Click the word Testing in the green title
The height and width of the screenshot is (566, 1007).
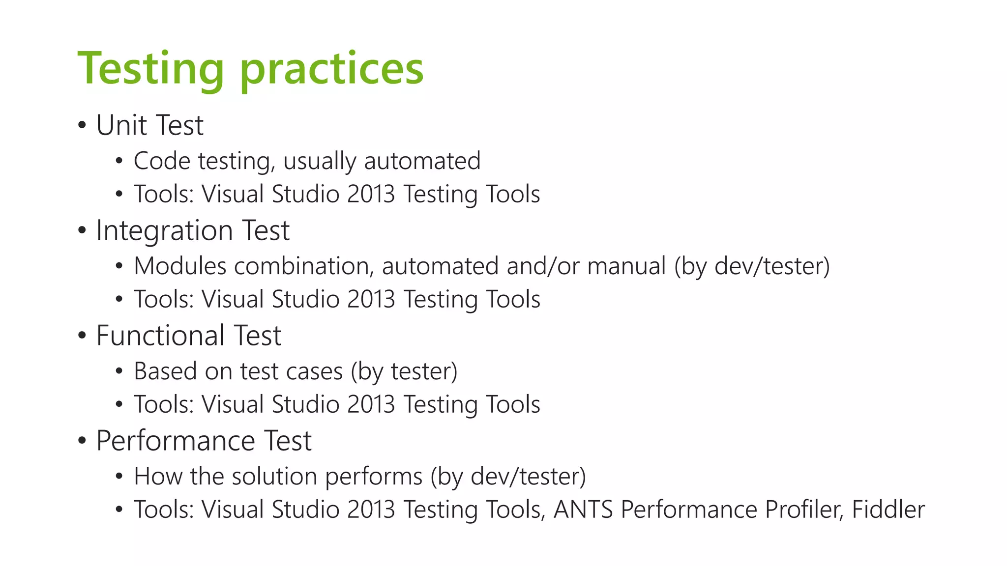(150, 69)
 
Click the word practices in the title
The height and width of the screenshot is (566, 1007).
(332, 69)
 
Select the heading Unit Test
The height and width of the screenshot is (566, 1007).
(149, 125)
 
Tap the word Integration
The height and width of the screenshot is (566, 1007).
(164, 230)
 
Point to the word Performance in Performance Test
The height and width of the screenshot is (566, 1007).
(175, 441)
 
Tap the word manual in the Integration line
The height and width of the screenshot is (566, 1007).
(626, 266)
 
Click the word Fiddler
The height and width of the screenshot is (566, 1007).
(888, 509)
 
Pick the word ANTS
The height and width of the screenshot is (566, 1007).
(583, 509)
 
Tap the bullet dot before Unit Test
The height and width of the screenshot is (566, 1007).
(82, 126)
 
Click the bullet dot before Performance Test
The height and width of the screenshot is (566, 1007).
(82, 441)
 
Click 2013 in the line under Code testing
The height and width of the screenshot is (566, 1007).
(371, 194)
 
